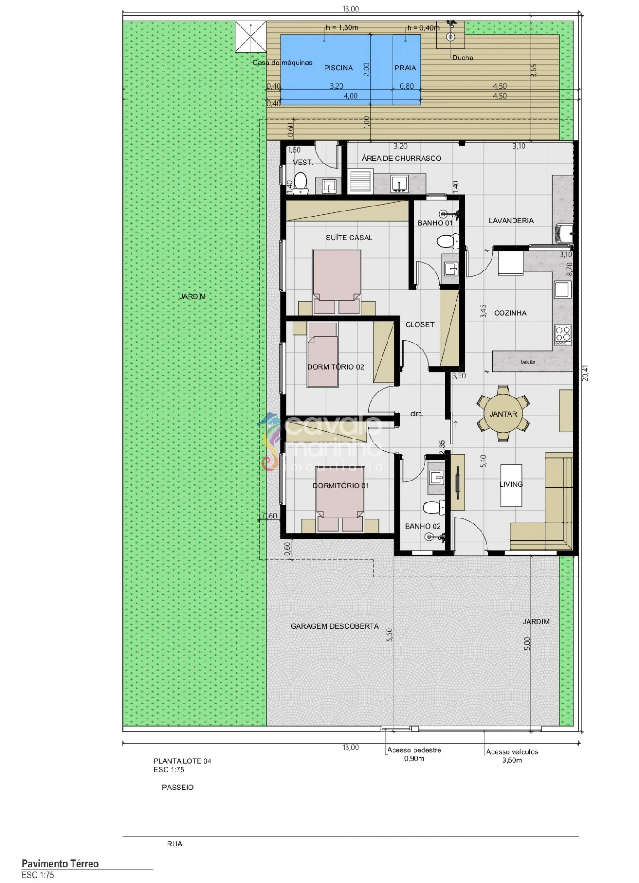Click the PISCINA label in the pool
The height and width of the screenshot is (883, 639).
[x=338, y=68]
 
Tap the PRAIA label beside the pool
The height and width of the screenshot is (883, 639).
[x=405, y=68]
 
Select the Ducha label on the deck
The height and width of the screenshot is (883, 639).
[x=463, y=58]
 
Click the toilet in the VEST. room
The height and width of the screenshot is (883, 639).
[x=301, y=184]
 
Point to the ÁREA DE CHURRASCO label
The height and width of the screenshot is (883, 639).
[x=402, y=159]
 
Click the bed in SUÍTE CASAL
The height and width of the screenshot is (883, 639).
[x=337, y=281]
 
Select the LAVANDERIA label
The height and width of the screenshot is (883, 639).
[x=511, y=221]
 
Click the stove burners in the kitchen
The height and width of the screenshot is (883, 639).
[x=563, y=334]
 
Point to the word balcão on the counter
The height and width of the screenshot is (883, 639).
[x=528, y=362]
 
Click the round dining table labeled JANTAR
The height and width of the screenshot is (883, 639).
[x=503, y=414]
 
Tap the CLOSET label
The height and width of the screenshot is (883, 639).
[x=420, y=325]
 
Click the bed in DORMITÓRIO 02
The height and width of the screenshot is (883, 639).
[x=323, y=355]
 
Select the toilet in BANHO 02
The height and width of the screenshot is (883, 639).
[x=434, y=507]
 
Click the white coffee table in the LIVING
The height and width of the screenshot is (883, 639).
[x=511, y=485]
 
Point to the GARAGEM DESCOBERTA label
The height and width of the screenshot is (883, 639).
[x=335, y=626]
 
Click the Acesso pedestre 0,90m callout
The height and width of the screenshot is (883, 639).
[x=414, y=754]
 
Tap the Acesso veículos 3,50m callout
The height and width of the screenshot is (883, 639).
[x=512, y=756]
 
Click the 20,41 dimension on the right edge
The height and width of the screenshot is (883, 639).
[x=586, y=373]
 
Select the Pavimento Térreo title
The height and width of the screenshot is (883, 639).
[x=60, y=864]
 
